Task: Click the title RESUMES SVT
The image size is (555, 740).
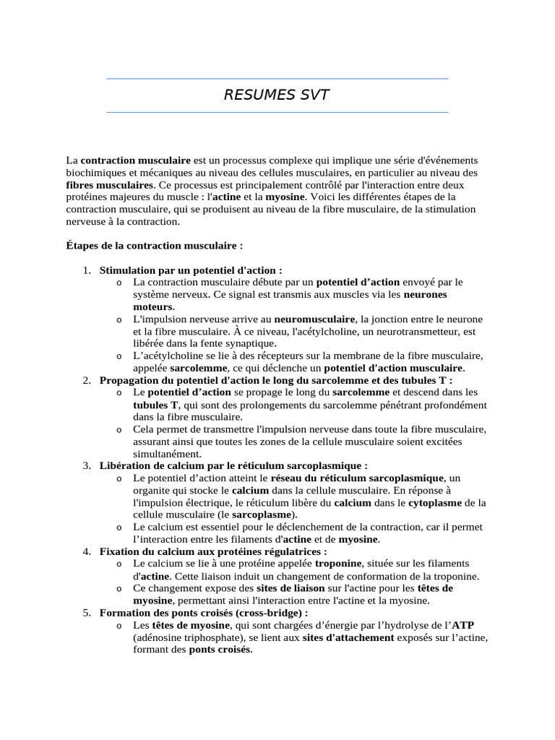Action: click(277, 95)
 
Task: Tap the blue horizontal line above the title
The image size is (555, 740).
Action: click(277, 78)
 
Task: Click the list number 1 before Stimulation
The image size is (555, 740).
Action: click(85, 270)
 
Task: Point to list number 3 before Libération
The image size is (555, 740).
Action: click(85, 466)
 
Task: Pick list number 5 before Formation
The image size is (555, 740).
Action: click(85, 613)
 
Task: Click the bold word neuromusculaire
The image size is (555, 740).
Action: click(314, 319)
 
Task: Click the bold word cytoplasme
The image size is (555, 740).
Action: click(437, 503)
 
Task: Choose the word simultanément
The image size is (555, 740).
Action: click(166, 454)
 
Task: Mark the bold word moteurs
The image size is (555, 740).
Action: click(152, 307)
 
